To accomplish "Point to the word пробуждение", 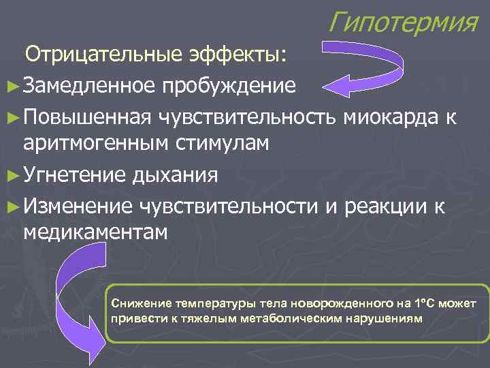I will pyautogui.click(x=229, y=86).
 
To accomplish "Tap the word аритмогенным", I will pyautogui.click(x=97, y=143).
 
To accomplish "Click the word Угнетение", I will pyautogui.click(x=74, y=174).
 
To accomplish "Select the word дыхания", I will pyautogui.click(x=176, y=174).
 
